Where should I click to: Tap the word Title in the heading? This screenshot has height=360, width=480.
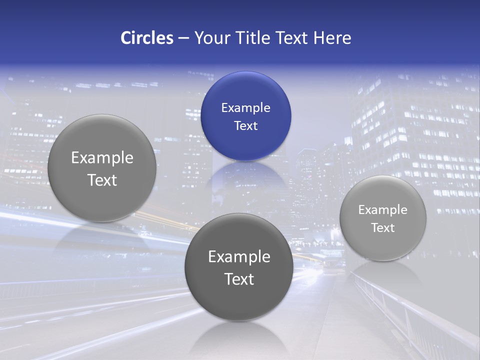(253, 38)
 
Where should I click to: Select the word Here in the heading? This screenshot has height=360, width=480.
(332, 38)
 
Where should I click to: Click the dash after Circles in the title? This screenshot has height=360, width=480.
(183, 38)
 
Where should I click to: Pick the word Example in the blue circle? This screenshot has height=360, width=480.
(245, 107)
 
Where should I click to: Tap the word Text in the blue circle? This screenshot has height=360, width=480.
(245, 125)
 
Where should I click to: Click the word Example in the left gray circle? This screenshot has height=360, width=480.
(102, 157)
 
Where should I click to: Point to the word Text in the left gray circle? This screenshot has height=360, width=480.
(102, 180)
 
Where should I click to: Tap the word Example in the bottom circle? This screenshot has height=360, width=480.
(239, 256)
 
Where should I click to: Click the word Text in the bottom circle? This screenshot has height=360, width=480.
(239, 279)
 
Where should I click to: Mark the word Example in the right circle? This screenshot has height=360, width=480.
(382, 210)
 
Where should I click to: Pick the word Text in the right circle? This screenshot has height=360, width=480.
(382, 228)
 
